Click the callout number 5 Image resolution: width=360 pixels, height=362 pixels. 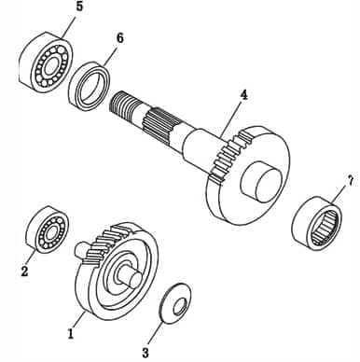[78, 7]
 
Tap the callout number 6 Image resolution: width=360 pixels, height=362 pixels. [118, 38]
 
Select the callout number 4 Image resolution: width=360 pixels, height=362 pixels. [243, 95]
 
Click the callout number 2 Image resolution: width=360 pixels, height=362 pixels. [24, 272]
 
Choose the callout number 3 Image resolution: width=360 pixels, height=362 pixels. [145, 353]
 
